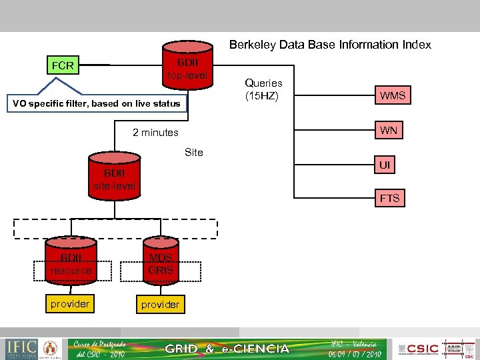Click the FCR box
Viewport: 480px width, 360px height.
[x=63, y=65]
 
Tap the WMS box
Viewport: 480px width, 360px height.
[x=393, y=95]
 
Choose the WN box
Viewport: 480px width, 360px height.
[x=389, y=130]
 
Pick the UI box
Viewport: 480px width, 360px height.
[x=385, y=165]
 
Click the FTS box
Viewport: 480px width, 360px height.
[x=389, y=198]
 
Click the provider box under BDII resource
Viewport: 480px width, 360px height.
[x=70, y=304]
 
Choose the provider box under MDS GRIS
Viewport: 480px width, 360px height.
[x=160, y=305]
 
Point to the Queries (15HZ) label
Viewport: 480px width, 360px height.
[x=263, y=89]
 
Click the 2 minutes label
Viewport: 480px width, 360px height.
[x=155, y=133]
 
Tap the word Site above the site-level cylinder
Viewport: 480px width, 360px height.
[x=193, y=152]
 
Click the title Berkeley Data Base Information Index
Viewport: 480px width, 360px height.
[x=330, y=45]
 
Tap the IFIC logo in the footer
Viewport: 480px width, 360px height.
[x=20, y=348]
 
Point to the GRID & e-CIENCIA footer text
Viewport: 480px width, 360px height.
[x=227, y=349]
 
